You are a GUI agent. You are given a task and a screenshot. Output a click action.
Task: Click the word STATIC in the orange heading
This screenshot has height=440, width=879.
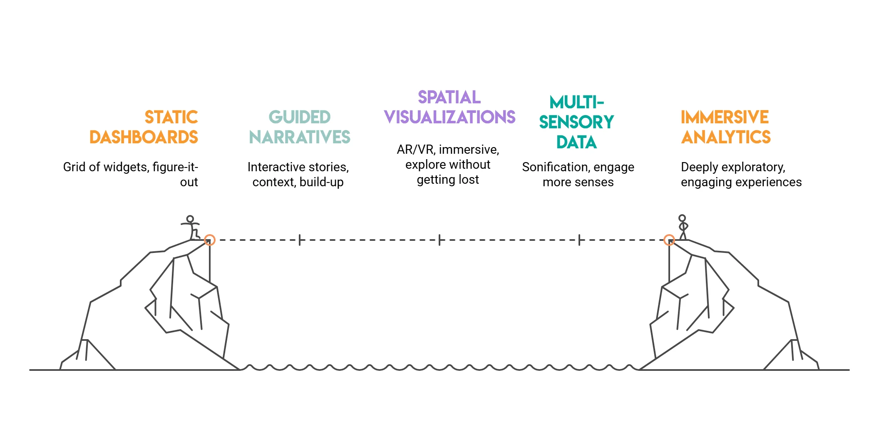coord(171,117)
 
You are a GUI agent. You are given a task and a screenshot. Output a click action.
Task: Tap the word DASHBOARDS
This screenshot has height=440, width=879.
coord(144,137)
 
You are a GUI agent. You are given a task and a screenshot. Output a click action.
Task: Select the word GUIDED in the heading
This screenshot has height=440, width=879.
coord(300,117)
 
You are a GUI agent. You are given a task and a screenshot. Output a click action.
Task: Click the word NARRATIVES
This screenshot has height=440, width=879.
coord(300,137)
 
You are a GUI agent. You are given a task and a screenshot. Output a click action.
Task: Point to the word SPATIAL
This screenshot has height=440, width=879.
coord(449,97)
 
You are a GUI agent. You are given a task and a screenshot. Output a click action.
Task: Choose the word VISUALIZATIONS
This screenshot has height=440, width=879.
coord(449,117)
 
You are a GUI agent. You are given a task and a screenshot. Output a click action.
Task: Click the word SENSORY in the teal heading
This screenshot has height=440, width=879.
coord(576,122)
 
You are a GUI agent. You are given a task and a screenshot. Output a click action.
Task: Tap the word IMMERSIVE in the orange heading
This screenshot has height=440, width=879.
coord(725,117)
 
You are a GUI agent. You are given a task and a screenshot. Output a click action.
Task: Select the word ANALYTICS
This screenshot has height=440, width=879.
coord(726,137)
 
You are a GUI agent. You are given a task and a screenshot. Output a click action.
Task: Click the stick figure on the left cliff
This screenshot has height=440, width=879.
coord(191,227)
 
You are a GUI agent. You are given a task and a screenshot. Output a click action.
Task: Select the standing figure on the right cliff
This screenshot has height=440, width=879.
coord(683,227)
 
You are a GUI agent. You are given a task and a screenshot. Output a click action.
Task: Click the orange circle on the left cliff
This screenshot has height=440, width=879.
coord(210,240)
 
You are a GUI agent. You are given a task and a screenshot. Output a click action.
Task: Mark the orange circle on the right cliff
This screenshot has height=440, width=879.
coord(669,240)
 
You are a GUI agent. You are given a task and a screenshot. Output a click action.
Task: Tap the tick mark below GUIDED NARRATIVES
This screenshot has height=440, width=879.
coord(300,240)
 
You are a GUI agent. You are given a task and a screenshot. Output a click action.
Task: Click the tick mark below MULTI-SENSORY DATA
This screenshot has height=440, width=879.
coord(579,240)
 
